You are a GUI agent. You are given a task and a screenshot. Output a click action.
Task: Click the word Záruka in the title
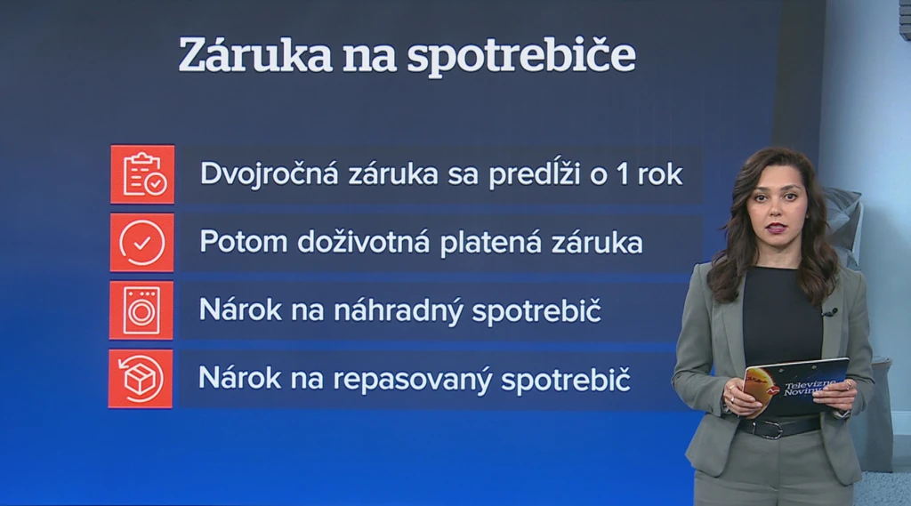[255, 54]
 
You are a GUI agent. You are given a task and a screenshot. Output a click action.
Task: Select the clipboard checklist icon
[142, 174]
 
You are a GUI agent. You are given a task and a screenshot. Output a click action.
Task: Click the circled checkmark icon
[141, 242]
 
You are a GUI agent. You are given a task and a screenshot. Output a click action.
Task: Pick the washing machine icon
[141, 310]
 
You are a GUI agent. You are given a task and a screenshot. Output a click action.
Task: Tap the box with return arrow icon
[140, 379]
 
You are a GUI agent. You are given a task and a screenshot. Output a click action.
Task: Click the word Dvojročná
[269, 174]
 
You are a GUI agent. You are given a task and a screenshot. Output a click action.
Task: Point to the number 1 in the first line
[623, 174]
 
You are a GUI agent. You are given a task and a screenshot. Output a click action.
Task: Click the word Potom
[244, 242]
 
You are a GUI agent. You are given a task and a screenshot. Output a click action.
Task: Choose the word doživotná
[364, 241]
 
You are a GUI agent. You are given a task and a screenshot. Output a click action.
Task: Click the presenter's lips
[776, 227]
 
